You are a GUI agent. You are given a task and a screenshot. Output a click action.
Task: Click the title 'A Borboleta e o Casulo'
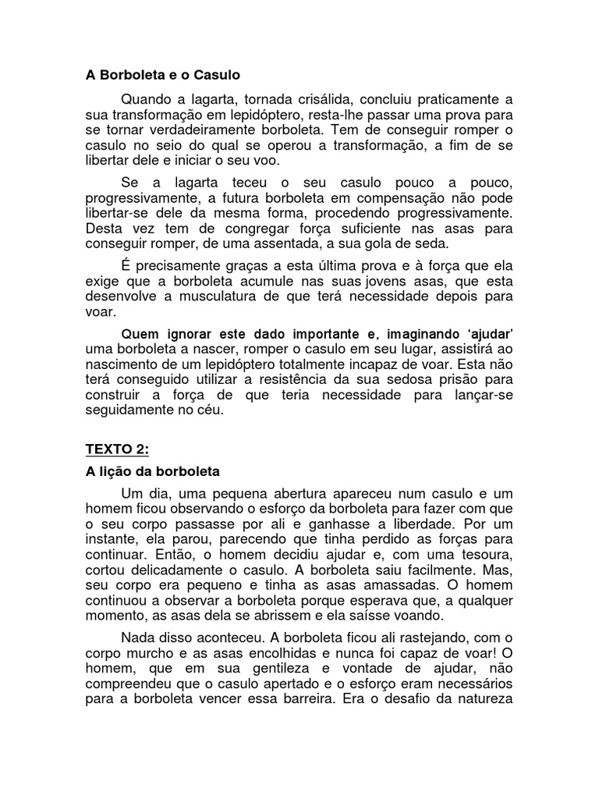coord(162,76)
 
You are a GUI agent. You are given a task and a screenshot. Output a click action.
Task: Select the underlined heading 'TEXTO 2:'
coord(115,449)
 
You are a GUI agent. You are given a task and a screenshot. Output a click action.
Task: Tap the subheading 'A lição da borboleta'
coord(152,471)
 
